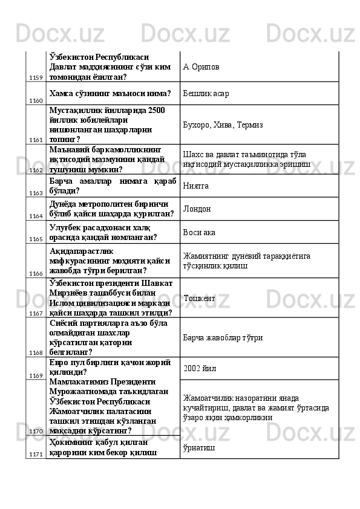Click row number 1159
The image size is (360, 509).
tap(36, 78)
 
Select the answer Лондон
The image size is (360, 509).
tap(197, 209)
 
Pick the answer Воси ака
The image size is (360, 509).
tap(200, 232)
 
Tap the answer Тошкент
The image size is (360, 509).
tap(198, 298)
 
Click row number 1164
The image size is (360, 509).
tap(36, 216)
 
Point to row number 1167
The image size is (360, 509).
tap(36, 313)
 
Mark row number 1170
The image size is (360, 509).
tap(36, 431)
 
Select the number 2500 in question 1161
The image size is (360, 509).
tap(155, 109)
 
